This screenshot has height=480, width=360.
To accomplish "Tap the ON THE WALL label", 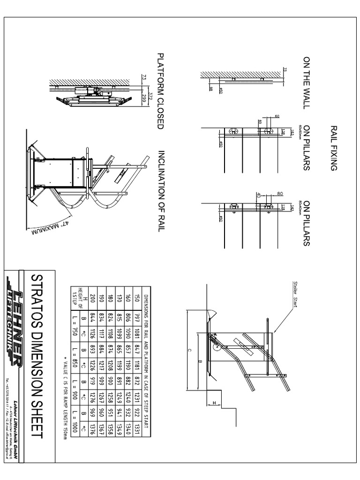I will point(307,82).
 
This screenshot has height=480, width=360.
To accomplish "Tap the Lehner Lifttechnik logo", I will point(15,316).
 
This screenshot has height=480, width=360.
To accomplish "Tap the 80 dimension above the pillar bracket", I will point(281,193).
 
